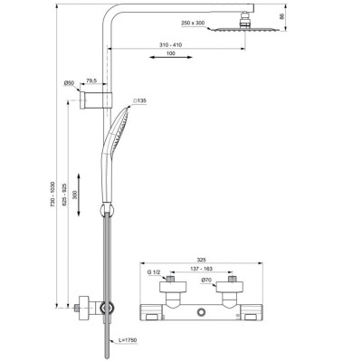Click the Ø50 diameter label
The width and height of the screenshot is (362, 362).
[x=68, y=84]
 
